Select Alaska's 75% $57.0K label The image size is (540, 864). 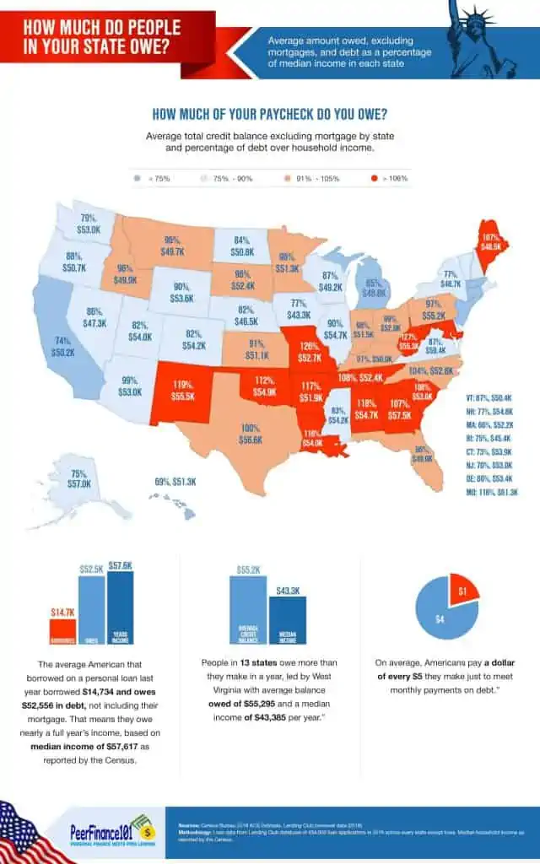(x=80, y=479)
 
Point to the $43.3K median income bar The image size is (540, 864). (x=288, y=621)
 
